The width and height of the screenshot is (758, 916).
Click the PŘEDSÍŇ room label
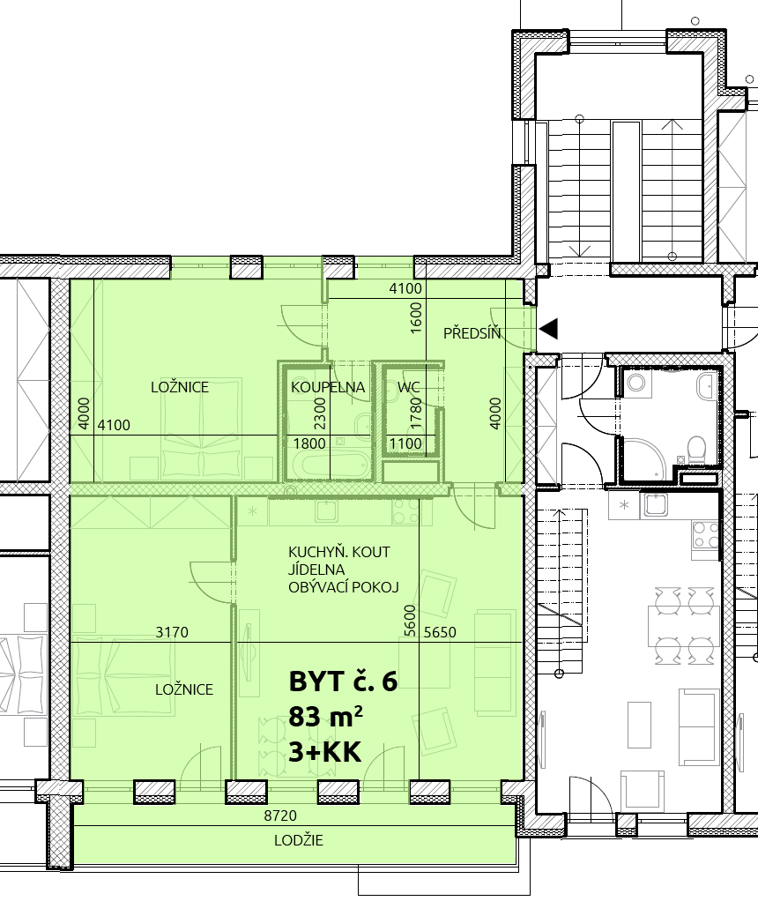pos(472,333)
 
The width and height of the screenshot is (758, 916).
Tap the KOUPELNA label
pos(328,387)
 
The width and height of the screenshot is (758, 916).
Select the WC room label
pos(408,387)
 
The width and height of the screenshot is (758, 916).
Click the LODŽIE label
pos(299,840)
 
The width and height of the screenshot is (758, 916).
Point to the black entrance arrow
pos(548,329)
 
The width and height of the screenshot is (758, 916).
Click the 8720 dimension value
pos(280,815)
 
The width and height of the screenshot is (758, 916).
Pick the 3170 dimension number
pos(172,632)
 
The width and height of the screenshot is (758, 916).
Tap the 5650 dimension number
pos(440,632)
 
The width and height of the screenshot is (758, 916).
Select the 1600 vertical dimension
pos(416,317)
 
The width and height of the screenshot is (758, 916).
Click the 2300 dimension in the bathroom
pos(319,413)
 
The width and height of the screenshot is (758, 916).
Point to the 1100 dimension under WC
pos(405,443)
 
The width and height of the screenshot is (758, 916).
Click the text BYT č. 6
pos(344,681)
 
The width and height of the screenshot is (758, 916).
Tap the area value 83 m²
pos(325,716)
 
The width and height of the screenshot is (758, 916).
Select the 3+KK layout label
pos(325,752)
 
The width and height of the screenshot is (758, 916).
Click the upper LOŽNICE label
pos(179,387)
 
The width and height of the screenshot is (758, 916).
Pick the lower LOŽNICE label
pos(184,689)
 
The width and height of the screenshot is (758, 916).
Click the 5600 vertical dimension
pos(410,621)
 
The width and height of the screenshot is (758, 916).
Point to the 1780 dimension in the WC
pos(416,413)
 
